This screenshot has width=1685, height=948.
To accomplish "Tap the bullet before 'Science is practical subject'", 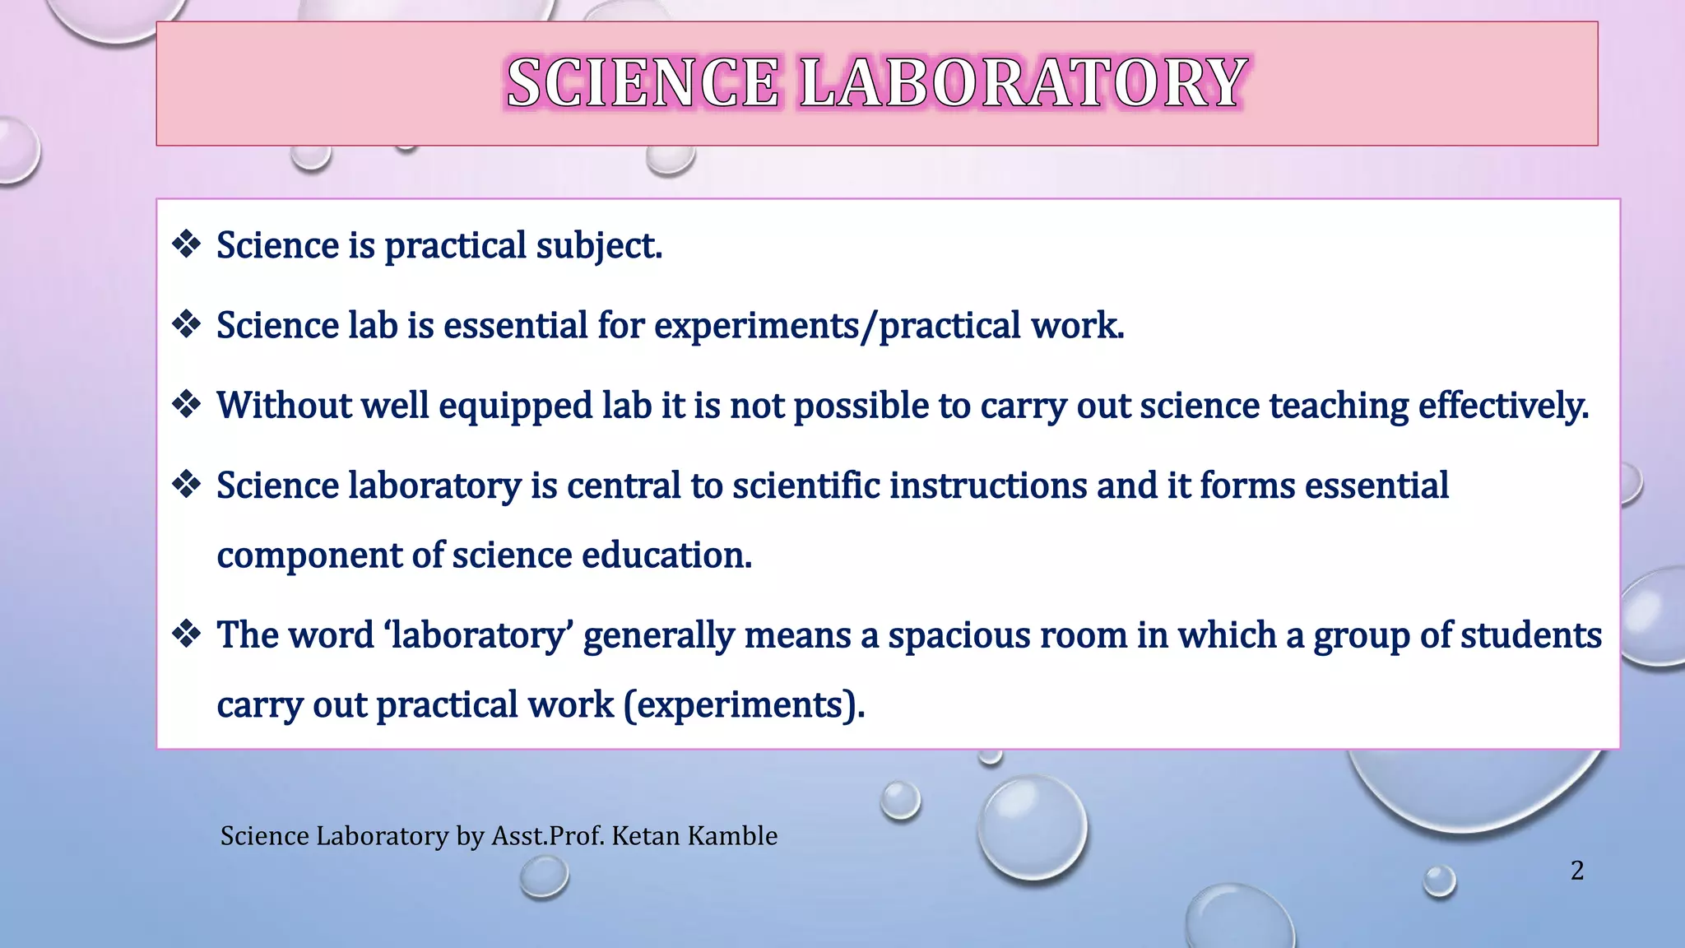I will tap(187, 244).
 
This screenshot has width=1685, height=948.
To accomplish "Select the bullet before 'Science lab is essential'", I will tap(187, 324).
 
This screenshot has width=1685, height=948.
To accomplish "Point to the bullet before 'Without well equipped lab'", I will tap(187, 404).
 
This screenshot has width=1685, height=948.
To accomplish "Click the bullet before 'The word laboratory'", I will tap(187, 634).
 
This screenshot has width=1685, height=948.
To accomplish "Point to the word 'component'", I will tap(309, 556).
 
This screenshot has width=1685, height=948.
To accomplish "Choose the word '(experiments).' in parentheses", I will tap(744, 705).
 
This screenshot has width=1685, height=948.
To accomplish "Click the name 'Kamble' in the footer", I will tap(732, 836).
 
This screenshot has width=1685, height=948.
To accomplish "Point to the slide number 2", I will tap(1576, 871).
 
